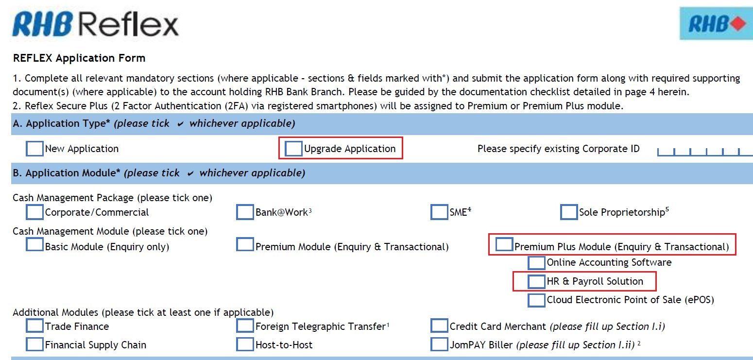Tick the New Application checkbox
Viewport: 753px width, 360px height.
(34, 149)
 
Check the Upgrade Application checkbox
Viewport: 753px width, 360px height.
(293, 149)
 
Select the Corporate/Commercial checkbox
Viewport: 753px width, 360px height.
(34, 212)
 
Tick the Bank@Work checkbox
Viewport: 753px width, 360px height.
(245, 212)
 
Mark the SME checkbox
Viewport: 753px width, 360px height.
(439, 212)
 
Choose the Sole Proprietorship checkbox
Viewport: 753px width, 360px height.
(568, 212)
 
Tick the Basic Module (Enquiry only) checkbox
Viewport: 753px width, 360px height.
(34, 244)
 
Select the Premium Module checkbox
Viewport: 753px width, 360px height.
(245, 244)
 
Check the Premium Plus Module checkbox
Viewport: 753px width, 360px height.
(504, 244)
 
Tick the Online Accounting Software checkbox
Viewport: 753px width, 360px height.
(536, 263)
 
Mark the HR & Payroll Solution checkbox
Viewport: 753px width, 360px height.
(536, 281)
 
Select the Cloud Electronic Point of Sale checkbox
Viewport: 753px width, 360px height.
(536, 300)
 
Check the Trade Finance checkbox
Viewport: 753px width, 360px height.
(34, 326)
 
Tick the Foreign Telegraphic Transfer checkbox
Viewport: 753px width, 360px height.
(245, 326)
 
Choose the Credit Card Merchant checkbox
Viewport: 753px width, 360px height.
(439, 326)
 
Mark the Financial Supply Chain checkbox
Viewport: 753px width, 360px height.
(34, 344)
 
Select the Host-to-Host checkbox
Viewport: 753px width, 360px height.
(245, 344)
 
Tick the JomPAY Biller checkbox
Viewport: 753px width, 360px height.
(439, 344)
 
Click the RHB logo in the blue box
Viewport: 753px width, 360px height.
(716, 24)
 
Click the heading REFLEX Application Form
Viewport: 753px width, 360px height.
(79, 58)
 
